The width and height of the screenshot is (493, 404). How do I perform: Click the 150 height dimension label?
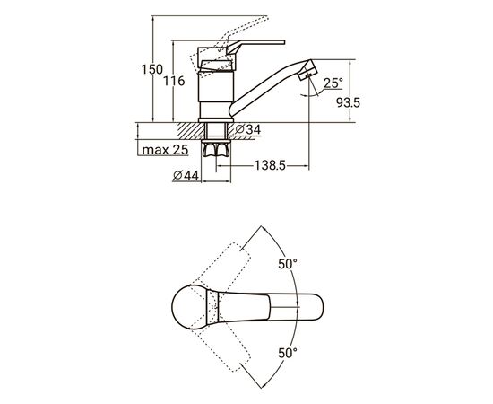tap(152, 70)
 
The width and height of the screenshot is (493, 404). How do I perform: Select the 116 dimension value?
tap(174, 81)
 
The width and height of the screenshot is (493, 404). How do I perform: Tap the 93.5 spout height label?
tap(349, 102)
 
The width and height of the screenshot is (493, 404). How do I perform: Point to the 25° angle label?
tap(333, 83)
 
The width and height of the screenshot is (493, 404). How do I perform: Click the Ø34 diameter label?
tap(248, 129)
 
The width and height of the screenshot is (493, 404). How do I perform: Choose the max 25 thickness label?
tap(165, 150)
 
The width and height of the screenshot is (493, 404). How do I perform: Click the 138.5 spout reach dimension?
tap(270, 165)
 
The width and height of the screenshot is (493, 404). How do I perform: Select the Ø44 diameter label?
tap(186, 175)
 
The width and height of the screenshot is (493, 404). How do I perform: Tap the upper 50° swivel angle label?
tap(288, 264)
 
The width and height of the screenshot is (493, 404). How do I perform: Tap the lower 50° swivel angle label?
tap(288, 354)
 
